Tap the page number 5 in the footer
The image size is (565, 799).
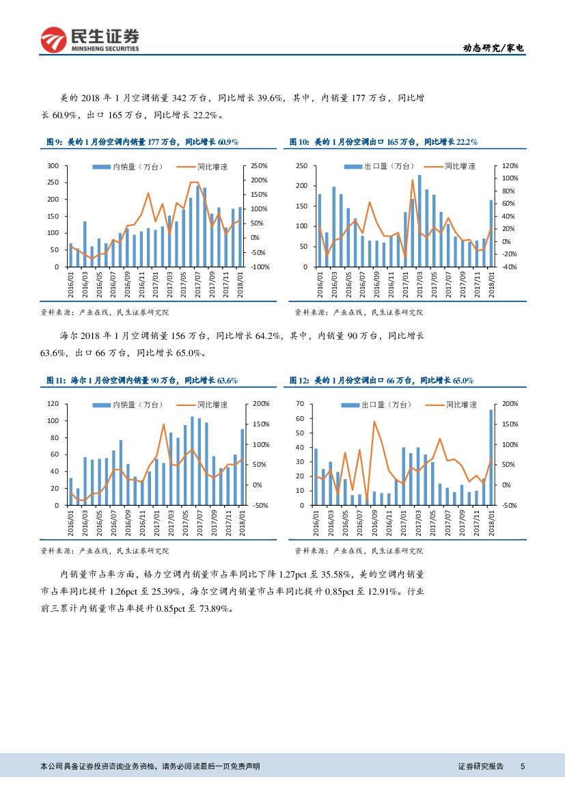tap(523, 767)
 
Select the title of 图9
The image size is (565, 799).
tap(141, 142)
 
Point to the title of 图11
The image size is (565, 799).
tap(141, 381)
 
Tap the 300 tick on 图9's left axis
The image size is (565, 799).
tap(52, 166)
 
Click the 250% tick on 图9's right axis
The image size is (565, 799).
tap(259, 166)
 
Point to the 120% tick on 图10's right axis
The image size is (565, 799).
tap(510, 166)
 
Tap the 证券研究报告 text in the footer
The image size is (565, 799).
tap(480, 767)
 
